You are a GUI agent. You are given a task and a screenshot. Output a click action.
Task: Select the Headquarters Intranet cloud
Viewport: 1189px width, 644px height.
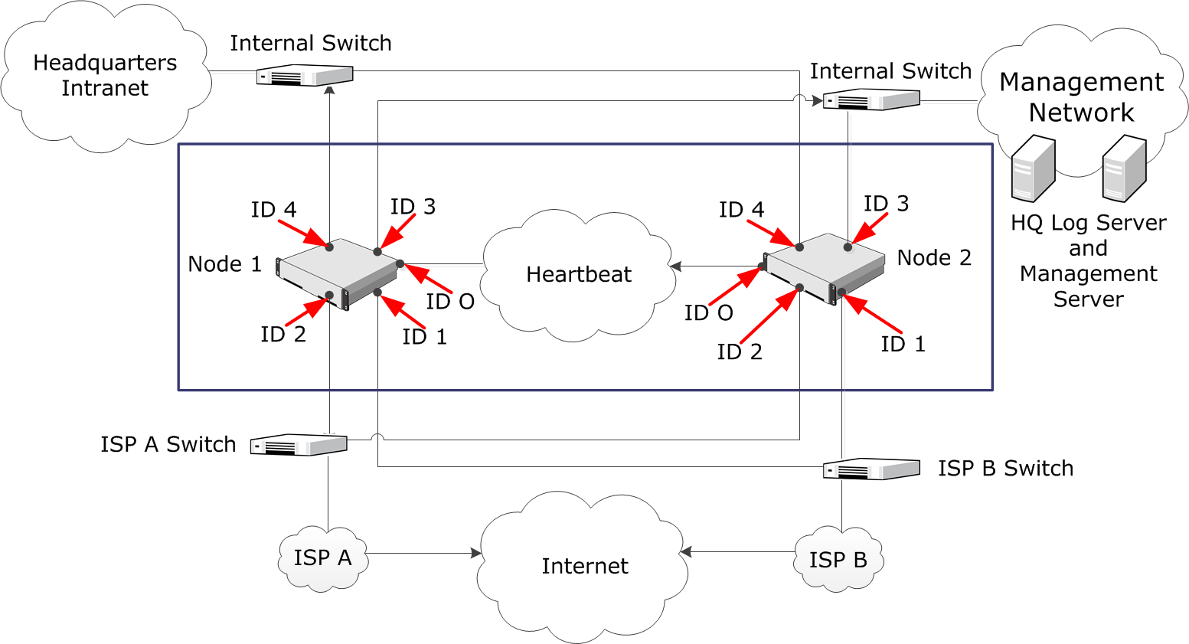click(105, 76)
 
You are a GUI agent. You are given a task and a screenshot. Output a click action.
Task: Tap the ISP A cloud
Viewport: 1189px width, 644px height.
click(322, 558)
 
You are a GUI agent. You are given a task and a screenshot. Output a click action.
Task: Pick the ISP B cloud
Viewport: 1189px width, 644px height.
click(838, 561)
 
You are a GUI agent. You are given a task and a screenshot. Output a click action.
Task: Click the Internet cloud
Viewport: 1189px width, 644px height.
click(584, 567)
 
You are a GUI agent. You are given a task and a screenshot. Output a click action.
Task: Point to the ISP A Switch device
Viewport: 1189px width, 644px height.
click(299, 444)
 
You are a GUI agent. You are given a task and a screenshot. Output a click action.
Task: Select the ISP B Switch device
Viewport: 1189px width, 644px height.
click(871, 469)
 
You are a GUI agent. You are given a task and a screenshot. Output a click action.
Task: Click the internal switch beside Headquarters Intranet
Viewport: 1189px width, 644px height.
click(304, 75)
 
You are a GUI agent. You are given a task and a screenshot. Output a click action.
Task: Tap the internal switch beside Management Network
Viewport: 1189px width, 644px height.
click(871, 100)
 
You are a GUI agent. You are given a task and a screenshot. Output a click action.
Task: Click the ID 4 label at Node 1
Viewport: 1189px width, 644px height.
click(273, 210)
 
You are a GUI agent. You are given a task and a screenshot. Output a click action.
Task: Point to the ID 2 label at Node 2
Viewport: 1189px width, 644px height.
click(740, 352)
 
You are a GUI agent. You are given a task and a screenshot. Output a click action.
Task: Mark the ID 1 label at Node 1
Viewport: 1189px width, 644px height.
click(424, 337)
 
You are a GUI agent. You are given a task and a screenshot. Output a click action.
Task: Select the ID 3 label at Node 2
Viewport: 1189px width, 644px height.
click(886, 204)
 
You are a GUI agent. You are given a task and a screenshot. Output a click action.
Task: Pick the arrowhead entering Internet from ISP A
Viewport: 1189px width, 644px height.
click(475, 553)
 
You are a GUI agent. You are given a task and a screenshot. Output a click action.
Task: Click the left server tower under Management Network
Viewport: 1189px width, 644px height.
click(1033, 168)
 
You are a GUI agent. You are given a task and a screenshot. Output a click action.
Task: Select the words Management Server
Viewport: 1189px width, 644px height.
click(1088, 286)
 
